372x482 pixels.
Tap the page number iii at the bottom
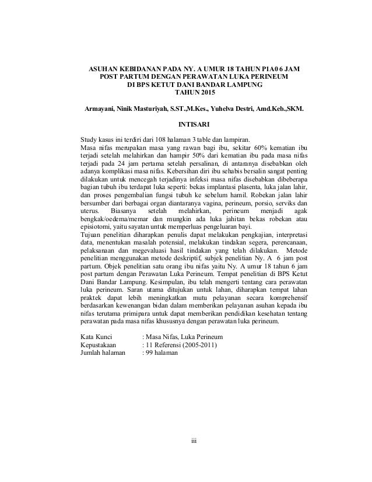(186, 439)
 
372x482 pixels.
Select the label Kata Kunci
(97, 337)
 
